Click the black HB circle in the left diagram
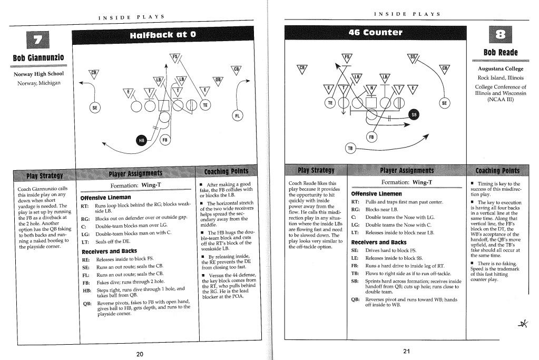pos(141,140)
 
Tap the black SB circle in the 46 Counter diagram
pos(414,115)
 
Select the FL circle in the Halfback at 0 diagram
pos(237,115)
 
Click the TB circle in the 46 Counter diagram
pos(350,148)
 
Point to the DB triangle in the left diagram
pos(218,81)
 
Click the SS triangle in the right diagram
pos(413,58)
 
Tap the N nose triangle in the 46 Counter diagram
pos(371,89)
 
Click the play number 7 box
pos(37,40)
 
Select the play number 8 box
pos(500,35)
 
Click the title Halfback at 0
pos(163,34)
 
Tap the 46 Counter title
pos(375,33)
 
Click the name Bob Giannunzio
pos(38,58)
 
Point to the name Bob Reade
pos(501,52)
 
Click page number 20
pos(140,354)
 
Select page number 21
pos(406,351)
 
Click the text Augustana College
pos(501,69)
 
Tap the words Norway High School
pos(38,74)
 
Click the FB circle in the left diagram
pos(165,140)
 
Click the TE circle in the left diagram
pos(205,105)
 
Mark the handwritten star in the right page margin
pos(524,324)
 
